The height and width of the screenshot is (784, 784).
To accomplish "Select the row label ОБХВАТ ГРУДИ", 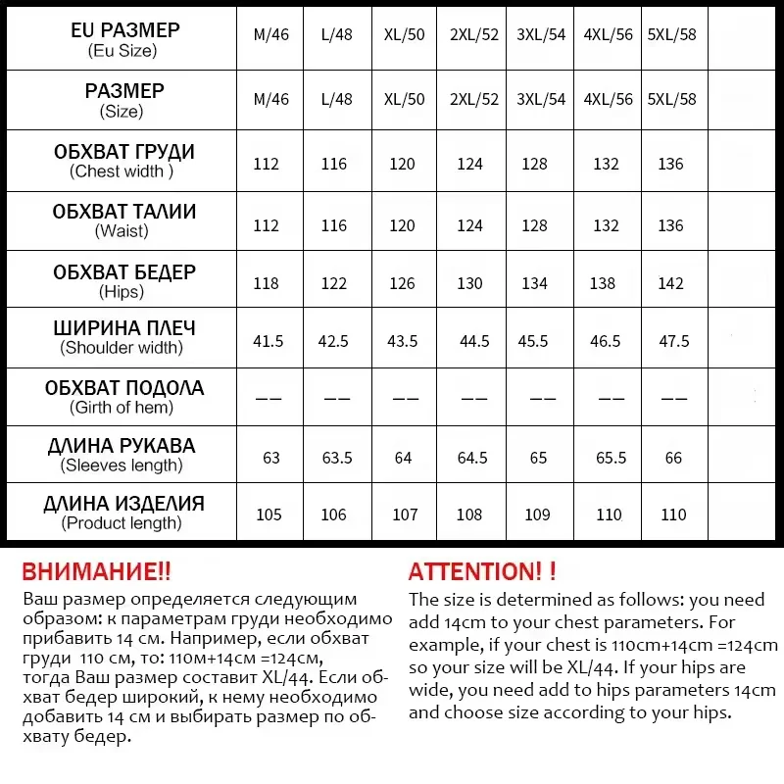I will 123,153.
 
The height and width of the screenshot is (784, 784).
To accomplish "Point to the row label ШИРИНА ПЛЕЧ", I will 123,329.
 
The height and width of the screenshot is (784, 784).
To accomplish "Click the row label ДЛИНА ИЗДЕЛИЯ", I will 123,505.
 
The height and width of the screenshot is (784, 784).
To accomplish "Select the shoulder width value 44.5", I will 474,341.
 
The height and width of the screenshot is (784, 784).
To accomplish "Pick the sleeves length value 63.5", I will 336,459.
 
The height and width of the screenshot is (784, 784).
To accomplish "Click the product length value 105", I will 268,514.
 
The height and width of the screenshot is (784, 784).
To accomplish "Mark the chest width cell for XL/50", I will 402,164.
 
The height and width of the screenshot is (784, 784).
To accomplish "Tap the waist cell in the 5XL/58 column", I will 670,225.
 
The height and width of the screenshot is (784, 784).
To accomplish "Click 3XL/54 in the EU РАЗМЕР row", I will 541,35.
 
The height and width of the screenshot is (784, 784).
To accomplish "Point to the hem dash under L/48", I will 336,399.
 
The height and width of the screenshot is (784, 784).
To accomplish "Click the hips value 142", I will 670,283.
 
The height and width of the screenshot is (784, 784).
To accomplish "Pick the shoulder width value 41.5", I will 268,341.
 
